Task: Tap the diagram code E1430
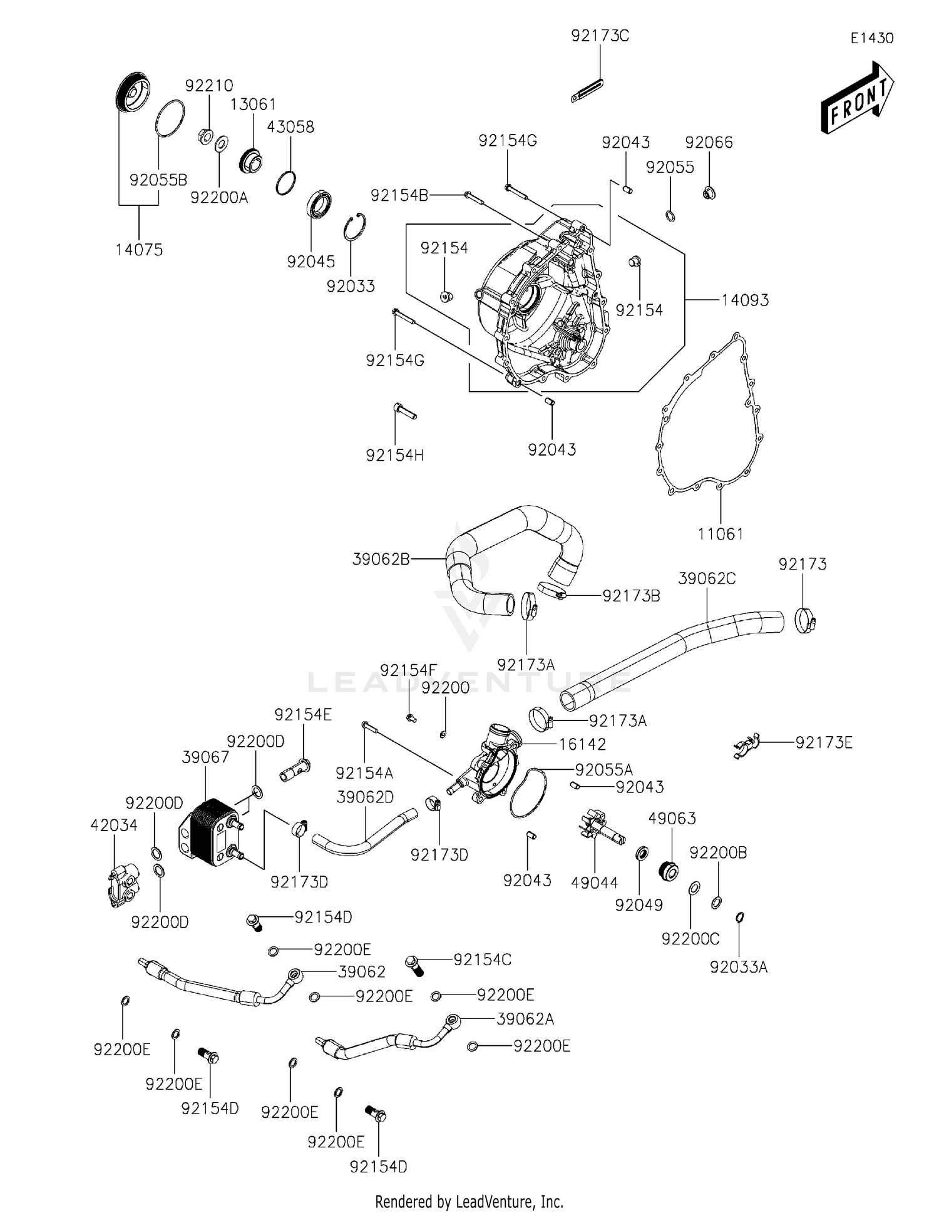tap(871, 38)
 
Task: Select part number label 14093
tap(745, 300)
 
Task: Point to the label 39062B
tap(381, 559)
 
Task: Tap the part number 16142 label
tap(582, 744)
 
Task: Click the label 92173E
tap(824, 742)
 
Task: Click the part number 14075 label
tap(139, 250)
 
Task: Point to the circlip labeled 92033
tap(355, 227)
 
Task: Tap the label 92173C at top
tap(600, 36)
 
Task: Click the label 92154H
tap(394, 456)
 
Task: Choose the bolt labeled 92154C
tap(414, 965)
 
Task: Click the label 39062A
tap(525, 1019)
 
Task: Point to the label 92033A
tap(739, 967)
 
